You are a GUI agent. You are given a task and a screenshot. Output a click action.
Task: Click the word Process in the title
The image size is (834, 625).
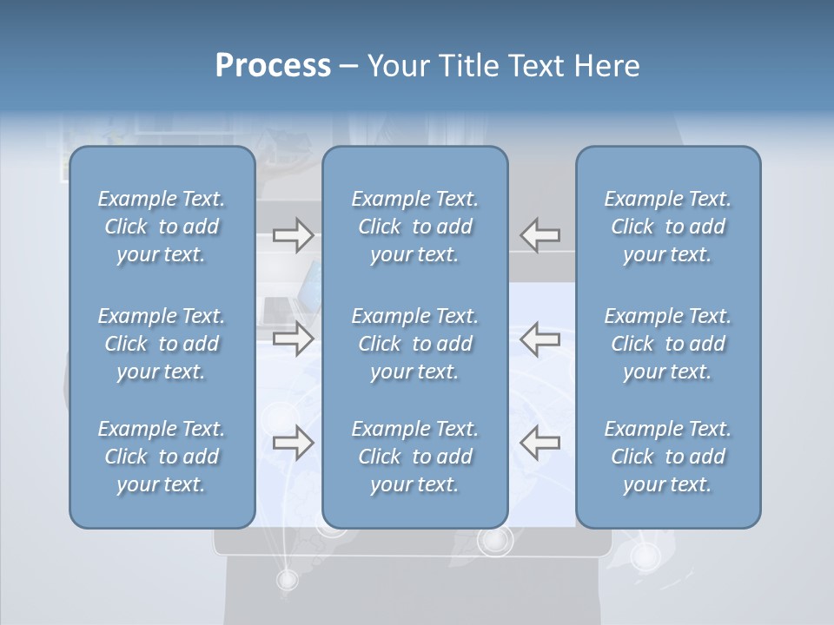pyautogui.click(x=273, y=66)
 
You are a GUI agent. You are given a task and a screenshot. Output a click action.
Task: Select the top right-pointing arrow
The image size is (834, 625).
pyautogui.click(x=293, y=235)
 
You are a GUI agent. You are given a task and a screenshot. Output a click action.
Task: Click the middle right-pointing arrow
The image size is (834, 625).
pyautogui.click(x=293, y=339)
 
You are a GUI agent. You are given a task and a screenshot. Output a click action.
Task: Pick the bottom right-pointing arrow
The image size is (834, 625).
pyautogui.click(x=293, y=443)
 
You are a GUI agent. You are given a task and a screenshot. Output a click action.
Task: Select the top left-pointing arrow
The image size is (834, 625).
pyautogui.click(x=540, y=235)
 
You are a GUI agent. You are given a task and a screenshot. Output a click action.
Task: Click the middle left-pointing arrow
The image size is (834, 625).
pyautogui.click(x=540, y=339)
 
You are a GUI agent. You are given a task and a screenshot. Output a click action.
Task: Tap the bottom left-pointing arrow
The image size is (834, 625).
pyautogui.click(x=540, y=443)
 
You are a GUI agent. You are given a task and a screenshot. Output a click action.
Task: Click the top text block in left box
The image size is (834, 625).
pyautogui.click(x=162, y=227)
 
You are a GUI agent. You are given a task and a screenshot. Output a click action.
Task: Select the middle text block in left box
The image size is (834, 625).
pyautogui.click(x=162, y=344)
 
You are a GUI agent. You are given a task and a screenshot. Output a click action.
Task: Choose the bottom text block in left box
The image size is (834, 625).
pyautogui.click(x=162, y=457)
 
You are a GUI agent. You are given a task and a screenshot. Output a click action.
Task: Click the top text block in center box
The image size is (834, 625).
pyautogui.click(x=414, y=227)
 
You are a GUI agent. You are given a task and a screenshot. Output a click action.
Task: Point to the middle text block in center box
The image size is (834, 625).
pyautogui.click(x=414, y=344)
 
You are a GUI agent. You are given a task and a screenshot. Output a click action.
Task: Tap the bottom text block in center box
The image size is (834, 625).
pyautogui.click(x=414, y=457)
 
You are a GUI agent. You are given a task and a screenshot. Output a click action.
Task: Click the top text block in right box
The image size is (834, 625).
pyautogui.click(x=667, y=227)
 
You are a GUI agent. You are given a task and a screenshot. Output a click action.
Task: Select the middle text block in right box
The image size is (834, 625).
pyautogui.click(x=667, y=344)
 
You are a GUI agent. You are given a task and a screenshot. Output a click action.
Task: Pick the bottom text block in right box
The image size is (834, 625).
pyautogui.click(x=667, y=457)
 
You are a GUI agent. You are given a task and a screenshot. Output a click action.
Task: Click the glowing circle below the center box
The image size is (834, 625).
pyautogui.click(x=495, y=541)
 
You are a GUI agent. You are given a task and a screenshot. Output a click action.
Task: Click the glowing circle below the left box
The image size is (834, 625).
pyautogui.click(x=287, y=578)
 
